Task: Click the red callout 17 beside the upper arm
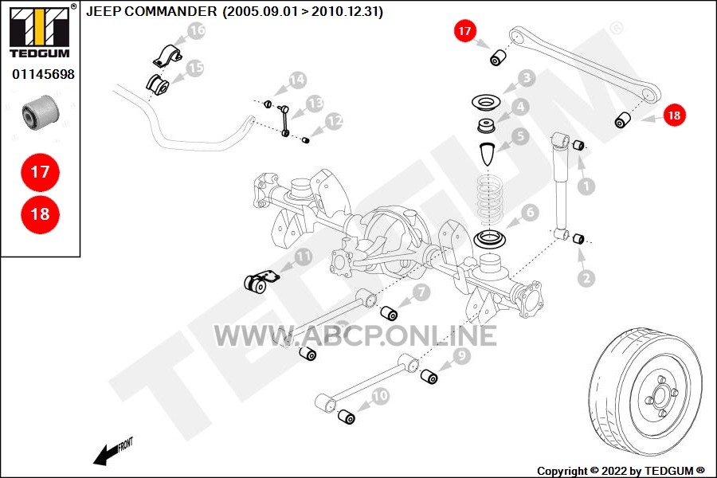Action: tap(464, 30)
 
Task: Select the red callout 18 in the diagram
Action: tap(675, 115)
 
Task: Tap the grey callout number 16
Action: tap(197, 30)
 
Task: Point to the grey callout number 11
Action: tap(304, 257)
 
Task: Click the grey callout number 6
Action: tap(530, 212)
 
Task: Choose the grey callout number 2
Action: tap(586, 278)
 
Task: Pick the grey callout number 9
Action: tap(461, 355)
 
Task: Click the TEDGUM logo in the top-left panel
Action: tap(40, 31)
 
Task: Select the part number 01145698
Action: tap(43, 74)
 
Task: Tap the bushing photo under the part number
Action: tap(41, 113)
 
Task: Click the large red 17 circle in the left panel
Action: tap(41, 172)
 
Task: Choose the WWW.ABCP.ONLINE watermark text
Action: tap(356, 335)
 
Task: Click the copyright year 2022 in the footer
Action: tap(614, 471)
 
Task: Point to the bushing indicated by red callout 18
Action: tap(623, 119)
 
